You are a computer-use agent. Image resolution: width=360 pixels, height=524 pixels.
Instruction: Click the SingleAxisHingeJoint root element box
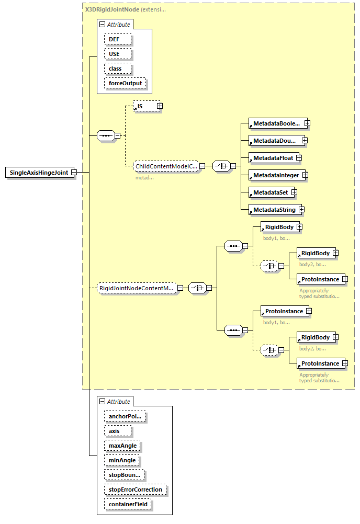coord(39,173)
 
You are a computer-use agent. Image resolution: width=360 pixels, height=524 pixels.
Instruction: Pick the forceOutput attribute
coord(125,83)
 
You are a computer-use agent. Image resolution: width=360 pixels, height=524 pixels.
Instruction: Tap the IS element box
coord(144,106)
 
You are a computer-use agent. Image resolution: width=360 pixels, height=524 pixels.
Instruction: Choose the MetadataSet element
coord(269,192)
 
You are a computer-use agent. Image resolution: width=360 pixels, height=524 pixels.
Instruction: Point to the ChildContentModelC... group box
coord(165,166)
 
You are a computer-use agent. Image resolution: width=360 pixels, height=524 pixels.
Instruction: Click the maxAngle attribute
coord(122,446)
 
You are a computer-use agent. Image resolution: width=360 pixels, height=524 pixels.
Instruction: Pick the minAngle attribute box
coord(122,460)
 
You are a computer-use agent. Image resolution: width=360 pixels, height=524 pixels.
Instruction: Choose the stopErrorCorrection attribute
coord(136,489)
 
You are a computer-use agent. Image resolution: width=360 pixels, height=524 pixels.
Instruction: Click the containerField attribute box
coord(128,504)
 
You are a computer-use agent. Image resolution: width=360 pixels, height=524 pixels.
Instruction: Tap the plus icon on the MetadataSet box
coord(294,192)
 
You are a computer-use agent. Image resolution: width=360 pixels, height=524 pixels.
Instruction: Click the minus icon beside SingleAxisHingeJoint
coord(74,173)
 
